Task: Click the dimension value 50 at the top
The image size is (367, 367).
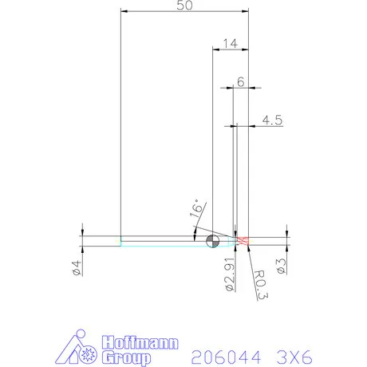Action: [x=184, y=6]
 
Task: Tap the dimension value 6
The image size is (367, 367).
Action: [x=240, y=82]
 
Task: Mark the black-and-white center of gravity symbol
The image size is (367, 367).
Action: [x=211, y=241]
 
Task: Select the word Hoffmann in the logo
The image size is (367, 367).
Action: [x=129, y=343]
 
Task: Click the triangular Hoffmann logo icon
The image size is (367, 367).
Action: [x=78, y=349]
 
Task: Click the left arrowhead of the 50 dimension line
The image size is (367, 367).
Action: [x=123, y=11]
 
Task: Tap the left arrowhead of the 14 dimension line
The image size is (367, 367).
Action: [x=215, y=49]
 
